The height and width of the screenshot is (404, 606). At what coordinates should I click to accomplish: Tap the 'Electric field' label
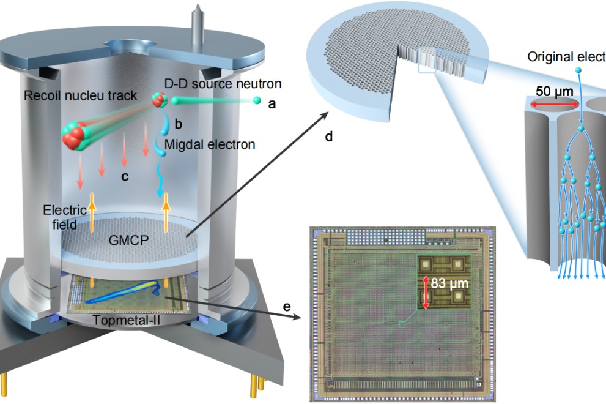(x=60, y=217)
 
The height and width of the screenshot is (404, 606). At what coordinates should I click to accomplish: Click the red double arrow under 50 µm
(x=554, y=105)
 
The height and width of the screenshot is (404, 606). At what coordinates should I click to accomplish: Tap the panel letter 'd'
(x=329, y=137)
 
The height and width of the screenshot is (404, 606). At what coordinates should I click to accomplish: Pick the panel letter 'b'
(x=178, y=124)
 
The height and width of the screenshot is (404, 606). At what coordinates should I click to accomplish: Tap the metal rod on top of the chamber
(x=198, y=21)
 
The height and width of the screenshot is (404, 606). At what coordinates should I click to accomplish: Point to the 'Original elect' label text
(x=566, y=58)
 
